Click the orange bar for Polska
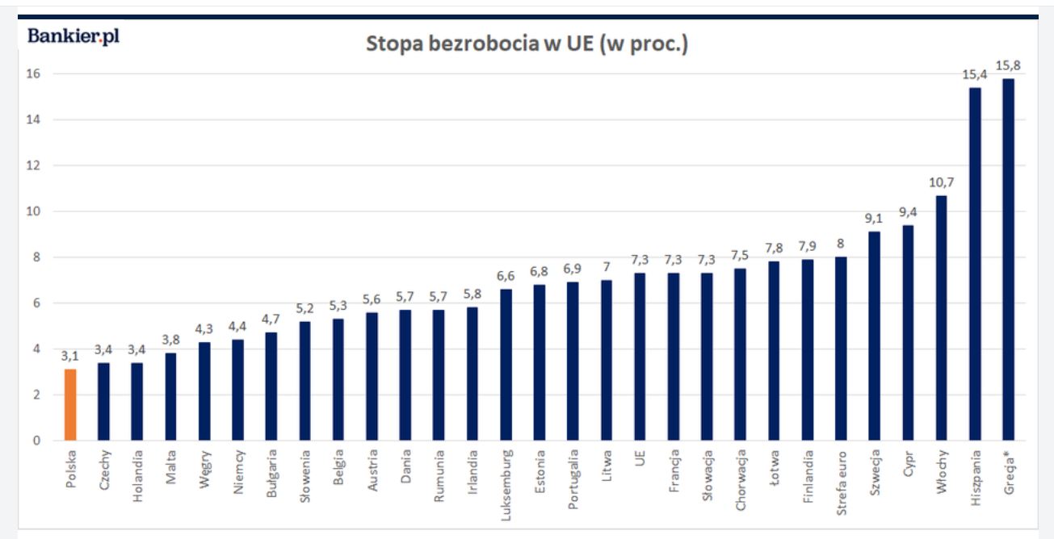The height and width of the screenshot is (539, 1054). tap(70, 405)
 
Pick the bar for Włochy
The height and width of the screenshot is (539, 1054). tap(941, 318)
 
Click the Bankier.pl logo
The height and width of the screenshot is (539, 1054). tap(73, 36)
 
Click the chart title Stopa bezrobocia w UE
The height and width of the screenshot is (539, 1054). tap(527, 44)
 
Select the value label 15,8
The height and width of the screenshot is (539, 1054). tap(1008, 65)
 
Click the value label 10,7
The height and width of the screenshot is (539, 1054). tap(941, 182)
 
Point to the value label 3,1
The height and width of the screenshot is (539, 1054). tap(70, 356)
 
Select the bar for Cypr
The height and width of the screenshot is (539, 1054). tap(908, 332)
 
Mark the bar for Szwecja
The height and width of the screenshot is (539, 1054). tap(875, 336)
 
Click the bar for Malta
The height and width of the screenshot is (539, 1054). tap(170, 397)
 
